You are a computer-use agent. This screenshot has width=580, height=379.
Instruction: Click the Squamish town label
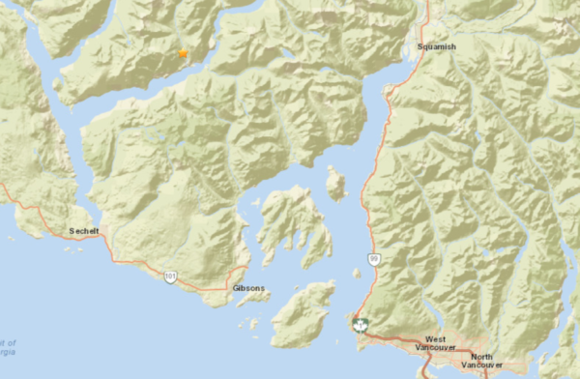tap(435, 45)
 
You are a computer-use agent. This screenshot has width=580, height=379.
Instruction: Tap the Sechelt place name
tap(86, 231)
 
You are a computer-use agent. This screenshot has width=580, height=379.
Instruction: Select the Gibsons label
tap(247, 288)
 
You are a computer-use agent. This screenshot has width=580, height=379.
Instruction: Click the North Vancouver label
tap(482, 359)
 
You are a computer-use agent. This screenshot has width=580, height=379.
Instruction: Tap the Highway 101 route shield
tap(171, 277)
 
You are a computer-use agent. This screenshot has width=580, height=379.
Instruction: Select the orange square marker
tap(183, 53)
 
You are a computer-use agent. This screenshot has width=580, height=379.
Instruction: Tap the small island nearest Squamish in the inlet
tap(335, 182)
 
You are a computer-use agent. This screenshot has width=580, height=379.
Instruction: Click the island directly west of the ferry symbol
tap(303, 315)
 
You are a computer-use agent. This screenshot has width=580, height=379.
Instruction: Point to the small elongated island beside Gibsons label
tap(253, 299)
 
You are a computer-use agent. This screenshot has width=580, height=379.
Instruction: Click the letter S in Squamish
tap(420, 45)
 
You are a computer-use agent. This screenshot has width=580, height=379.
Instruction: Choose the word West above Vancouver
tap(435, 339)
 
